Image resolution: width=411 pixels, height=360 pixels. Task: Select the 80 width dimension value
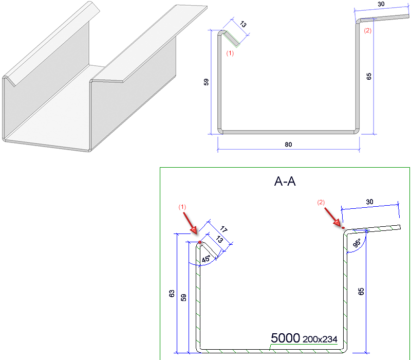coord(288,145)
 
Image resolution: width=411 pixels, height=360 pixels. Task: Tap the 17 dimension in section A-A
coord(223,230)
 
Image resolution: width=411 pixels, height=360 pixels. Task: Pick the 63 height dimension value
coord(172,294)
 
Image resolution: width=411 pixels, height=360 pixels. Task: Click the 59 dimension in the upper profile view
coord(206,81)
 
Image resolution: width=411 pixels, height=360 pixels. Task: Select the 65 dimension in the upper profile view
coord(369,76)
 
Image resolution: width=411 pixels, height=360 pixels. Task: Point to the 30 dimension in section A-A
coord(370,203)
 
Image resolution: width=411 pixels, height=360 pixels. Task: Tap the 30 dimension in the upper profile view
coord(381,4)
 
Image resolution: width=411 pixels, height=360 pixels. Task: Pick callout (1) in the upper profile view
coord(230,53)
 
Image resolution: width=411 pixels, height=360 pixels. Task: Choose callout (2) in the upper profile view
coord(367,31)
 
